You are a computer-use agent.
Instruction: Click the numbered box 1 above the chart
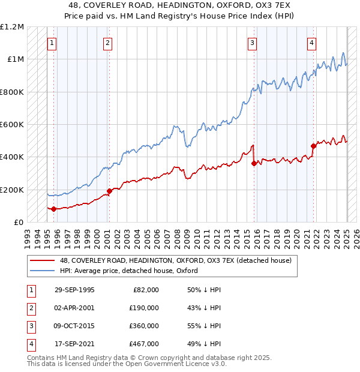click(52, 43)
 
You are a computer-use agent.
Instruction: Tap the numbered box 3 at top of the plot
click(253, 43)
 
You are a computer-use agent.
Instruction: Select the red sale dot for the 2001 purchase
click(109, 191)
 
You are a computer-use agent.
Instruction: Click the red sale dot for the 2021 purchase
click(313, 146)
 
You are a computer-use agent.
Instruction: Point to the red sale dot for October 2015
click(254, 163)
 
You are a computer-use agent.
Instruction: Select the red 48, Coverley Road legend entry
click(175, 260)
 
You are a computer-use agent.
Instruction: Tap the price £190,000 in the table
click(144, 308)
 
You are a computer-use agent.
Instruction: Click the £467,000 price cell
click(144, 344)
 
